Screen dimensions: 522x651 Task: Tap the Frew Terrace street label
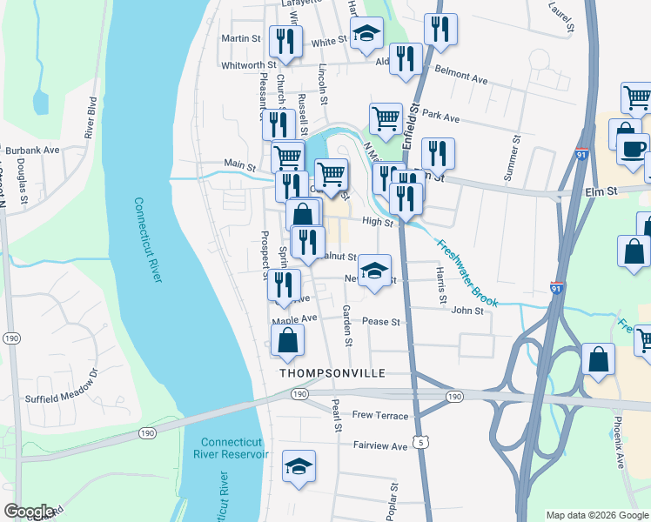[379, 416]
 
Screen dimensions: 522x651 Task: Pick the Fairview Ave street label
[379, 446]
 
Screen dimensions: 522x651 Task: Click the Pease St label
[381, 322]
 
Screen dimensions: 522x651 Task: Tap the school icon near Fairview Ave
[299, 465]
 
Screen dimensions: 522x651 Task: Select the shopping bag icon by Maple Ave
[288, 342]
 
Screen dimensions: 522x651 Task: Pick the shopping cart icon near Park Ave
[386, 118]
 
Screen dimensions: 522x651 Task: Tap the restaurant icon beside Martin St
[286, 42]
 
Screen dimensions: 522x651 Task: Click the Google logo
[29, 512]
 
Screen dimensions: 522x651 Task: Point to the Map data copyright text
[596, 515]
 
